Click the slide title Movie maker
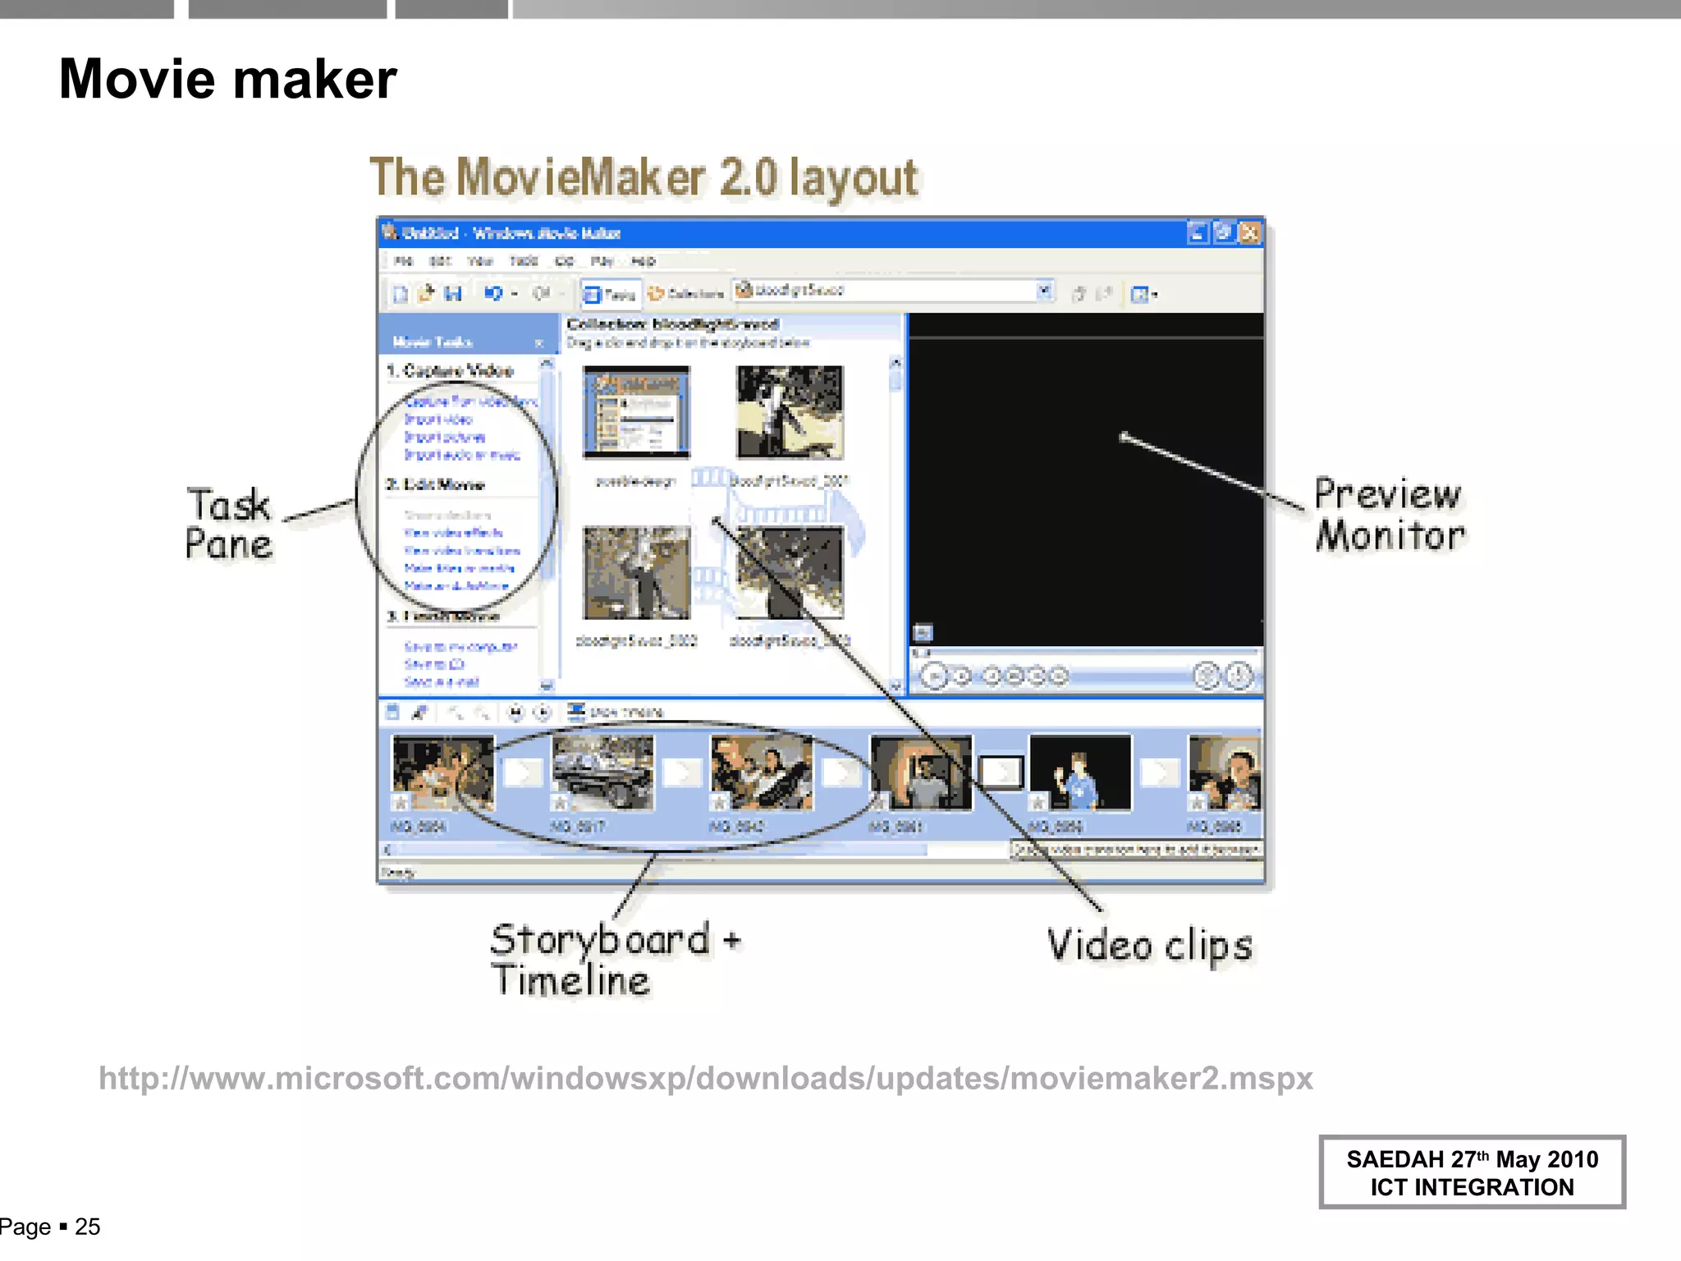(x=227, y=80)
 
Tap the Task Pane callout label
(x=228, y=524)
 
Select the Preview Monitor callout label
(x=1389, y=515)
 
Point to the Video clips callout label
(x=1149, y=946)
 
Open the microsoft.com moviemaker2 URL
(x=705, y=1078)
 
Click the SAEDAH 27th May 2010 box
(x=1471, y=1172)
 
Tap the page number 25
(x=87, y=1227)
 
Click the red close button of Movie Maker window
(x=1249, y=233)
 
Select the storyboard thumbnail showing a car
(x=602, y=773)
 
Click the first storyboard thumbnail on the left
(x=443, y=773)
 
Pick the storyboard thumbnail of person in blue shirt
(x=1079, y=773)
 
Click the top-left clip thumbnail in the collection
(x=636, y=411)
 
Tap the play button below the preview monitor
(x=932, y=676)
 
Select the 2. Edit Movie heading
(x=436, y=484)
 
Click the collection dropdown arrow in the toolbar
(x=1044, y=291)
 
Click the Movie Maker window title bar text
(x=511, y=233)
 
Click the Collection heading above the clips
(x=672, y=324)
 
